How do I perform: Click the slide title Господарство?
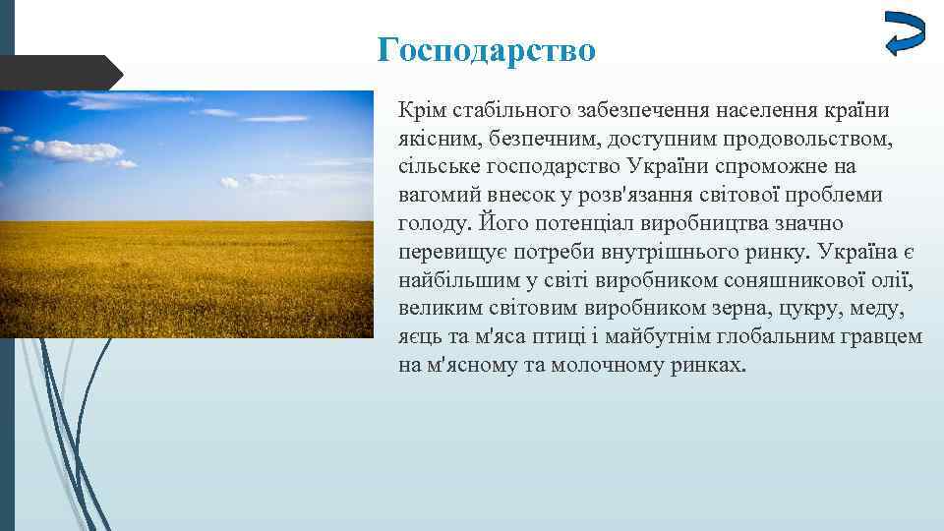click(x=487, y=49)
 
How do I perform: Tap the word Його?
click(x=499, y=223)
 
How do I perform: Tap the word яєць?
click(x=420, y=337)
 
